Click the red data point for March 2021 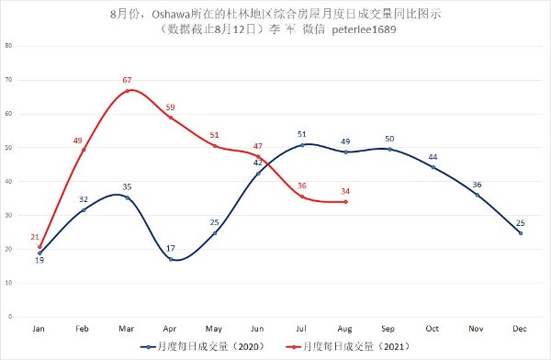(128, 91)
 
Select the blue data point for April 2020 (171, 260)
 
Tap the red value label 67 (127, 80)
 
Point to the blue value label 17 (171, 249)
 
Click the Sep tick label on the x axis (388, 329)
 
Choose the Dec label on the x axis (520, 329)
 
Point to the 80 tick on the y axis (8, 46)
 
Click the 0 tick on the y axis (10, 317)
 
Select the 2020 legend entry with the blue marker (202, 347)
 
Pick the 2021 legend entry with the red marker (348, 347)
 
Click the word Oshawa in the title (171, 15)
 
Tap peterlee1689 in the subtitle (364, 29)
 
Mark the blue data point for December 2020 (521, 233)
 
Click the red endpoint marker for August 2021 (346, 202)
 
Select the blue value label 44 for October (433, 157)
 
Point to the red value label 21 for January (35, 237)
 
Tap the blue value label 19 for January (39, 261)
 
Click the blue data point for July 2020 (302, 145)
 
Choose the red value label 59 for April (170, 107)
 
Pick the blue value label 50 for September (389, 139)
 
